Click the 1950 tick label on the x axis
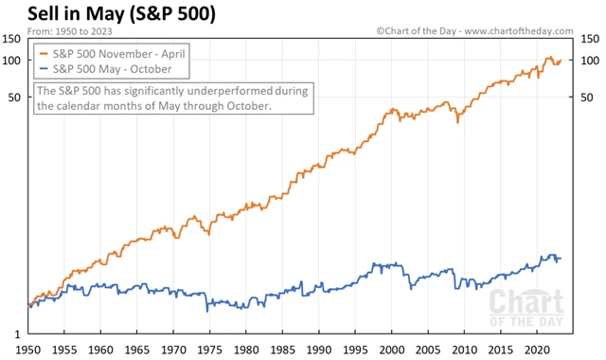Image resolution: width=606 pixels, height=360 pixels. tap(29, 348)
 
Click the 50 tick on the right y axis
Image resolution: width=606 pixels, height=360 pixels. tap(586, 98)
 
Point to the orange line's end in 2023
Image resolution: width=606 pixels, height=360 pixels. tap(561, 62)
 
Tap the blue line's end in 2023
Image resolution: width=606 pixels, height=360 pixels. tap(561, 259)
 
